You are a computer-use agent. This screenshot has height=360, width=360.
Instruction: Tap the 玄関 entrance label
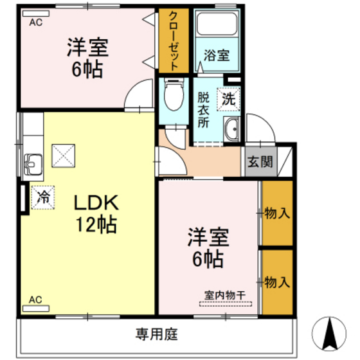pyautogui.click(x=260, y=161)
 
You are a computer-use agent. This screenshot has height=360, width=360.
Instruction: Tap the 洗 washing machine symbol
pyautogui.click(x=228, y=98)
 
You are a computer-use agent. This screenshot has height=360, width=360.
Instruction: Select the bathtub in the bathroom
pyautogui.click(x=216, y=24)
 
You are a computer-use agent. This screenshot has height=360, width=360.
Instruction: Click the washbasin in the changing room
pyautogui.click(x=231, y=129)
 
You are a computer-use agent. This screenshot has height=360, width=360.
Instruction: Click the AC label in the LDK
pyautogui.click(x=35, y=299)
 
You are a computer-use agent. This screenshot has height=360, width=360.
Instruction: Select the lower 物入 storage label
pyautogui.click(x=276, y=282)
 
